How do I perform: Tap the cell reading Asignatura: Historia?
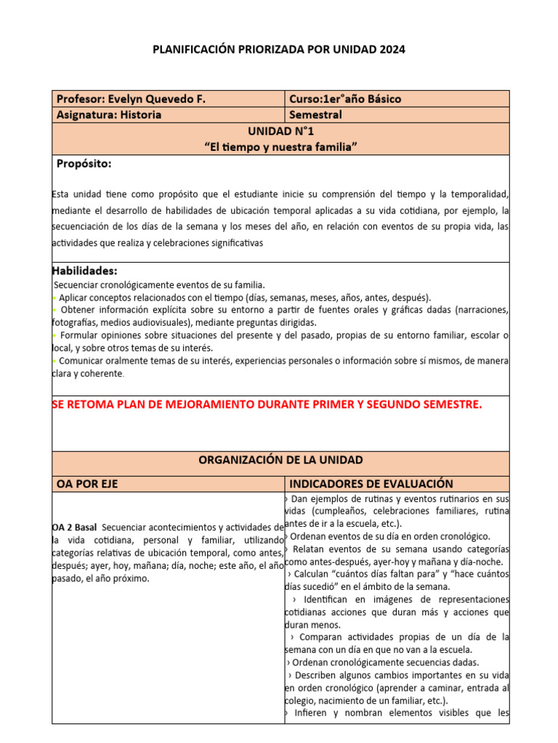109,115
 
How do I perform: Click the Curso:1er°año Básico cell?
345,99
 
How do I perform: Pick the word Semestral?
315,115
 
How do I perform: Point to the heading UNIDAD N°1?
280,131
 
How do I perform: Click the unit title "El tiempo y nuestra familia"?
280,147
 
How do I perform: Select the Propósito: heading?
84,164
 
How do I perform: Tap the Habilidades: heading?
85,271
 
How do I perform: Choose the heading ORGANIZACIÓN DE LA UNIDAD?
280,460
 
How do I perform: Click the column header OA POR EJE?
87,484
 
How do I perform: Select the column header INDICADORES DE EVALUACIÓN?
371,484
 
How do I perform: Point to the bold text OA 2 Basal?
75,527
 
